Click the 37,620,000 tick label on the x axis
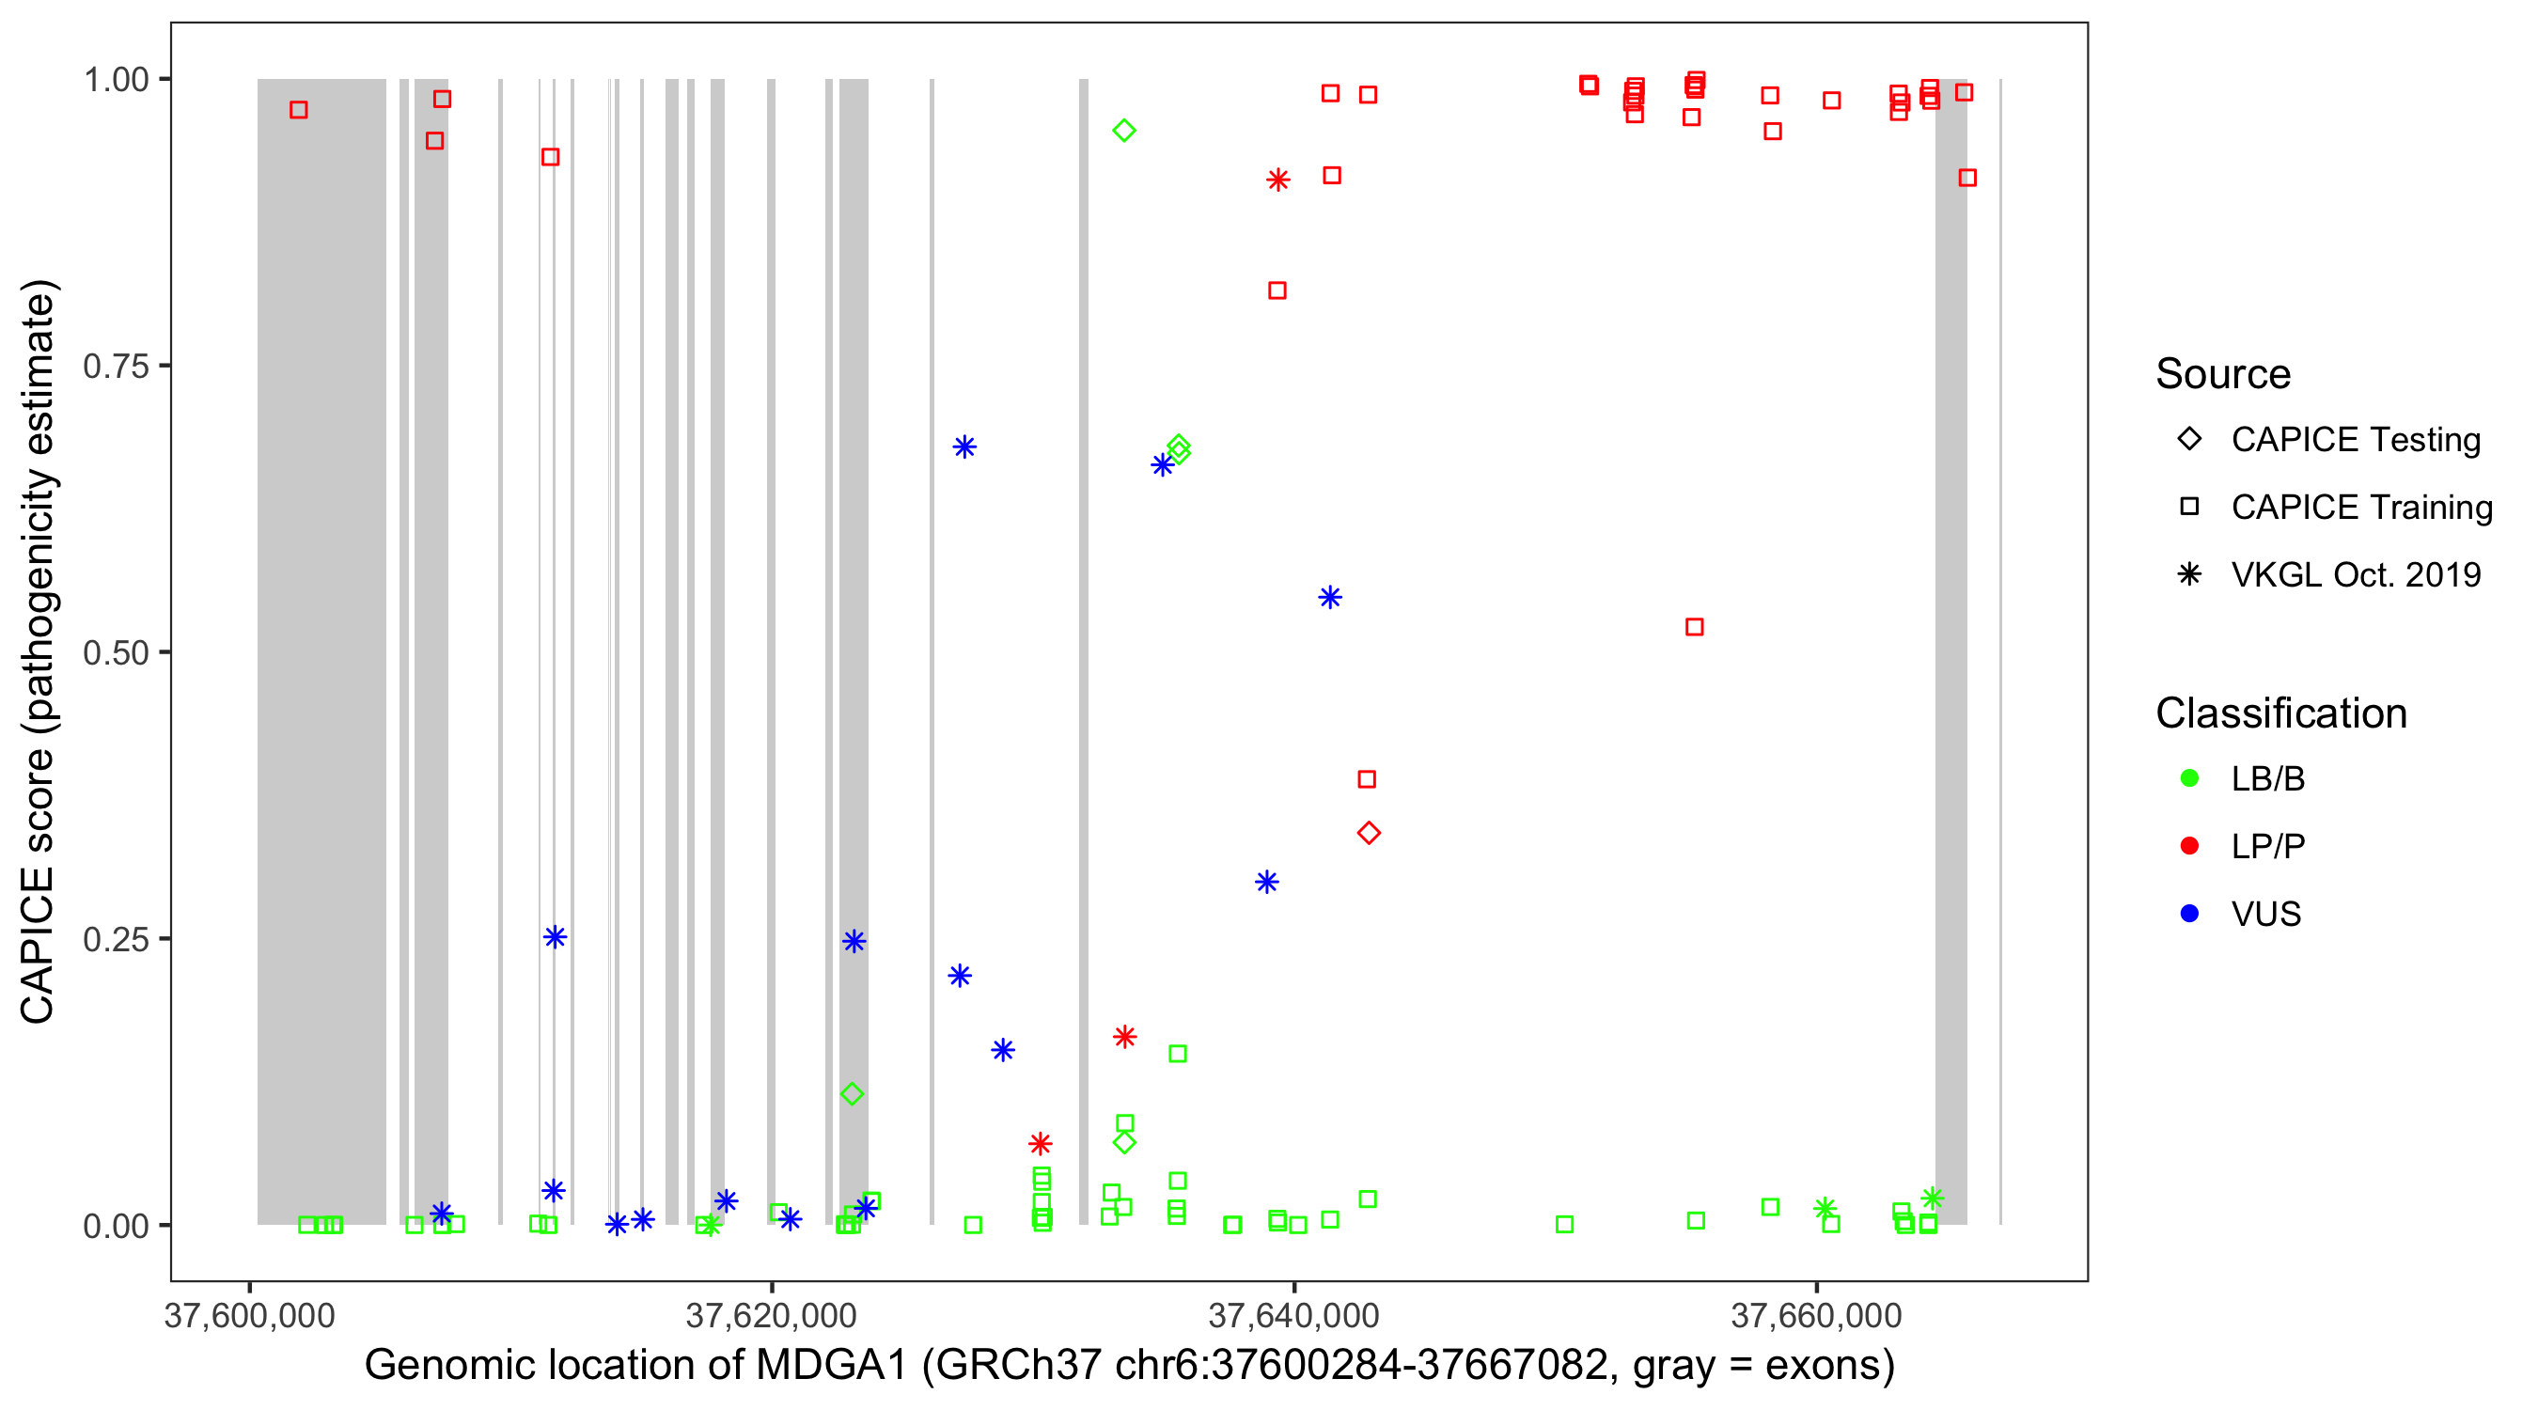click(x=771, y=1315)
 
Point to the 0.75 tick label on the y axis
click(x=115, y=367)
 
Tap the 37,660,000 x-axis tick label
click(x=1816, y=1315)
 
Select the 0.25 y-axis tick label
click(x=115, y=939)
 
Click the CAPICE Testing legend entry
click(x=2355, y=440)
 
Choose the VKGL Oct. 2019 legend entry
click(x=2355, y=574)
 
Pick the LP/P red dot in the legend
click(x=2189, y=846)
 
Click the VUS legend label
click(x=2265, y=915)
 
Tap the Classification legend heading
click(x=2279, y=713)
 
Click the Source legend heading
click(x=2223, y=374)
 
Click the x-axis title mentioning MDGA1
click(x=1129, y=1366)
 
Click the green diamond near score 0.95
click(x=1123, y=131)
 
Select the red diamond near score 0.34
click(x=1368, y=834)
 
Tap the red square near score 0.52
click(x=1694, y=628)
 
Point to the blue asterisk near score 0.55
click(x=1329, y=598)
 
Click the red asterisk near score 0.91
click(x=1277, y=180)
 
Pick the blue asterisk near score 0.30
click(x=1266, y=883)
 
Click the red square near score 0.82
click(x=1277, y=290)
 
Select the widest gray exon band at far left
click(x=321, y=650)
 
